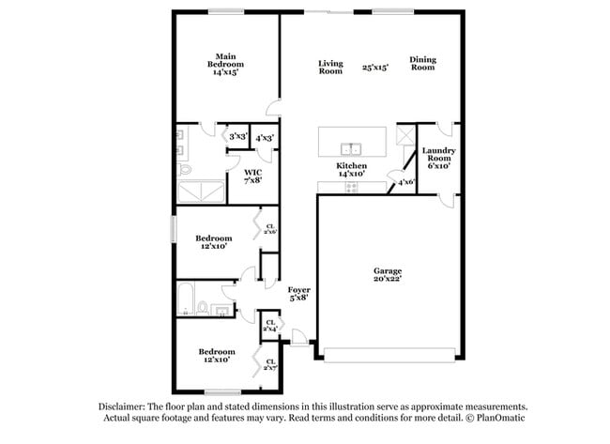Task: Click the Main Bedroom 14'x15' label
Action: click(225, 63)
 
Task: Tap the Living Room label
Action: click(330, 67)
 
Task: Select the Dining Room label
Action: click(422, 63)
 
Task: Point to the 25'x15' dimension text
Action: click(376, 68)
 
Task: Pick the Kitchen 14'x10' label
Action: click(352, 170)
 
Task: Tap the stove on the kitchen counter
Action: click(352, 187)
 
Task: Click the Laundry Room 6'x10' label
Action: click(438, 158)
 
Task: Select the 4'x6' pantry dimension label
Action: click(406, 182)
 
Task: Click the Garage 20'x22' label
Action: click(388, 276)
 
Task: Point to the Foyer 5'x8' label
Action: click(298, 294)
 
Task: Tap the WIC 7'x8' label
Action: click(252, 176)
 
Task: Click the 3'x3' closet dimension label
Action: click(237, 137)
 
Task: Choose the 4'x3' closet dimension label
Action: click(265, 137)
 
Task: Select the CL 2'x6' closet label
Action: click(270, 228)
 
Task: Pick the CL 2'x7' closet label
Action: click(270, 363)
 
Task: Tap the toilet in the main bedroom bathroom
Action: click(185, 170)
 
